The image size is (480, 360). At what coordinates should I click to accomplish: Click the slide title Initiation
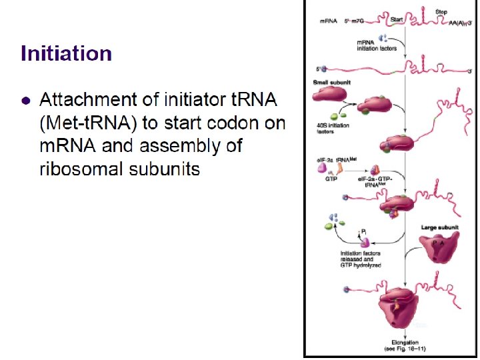(66, 53)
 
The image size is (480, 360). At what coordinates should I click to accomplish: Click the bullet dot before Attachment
(25, 101)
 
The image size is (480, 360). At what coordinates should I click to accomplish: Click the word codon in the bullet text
(247, 123)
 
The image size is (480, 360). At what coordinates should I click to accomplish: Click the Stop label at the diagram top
(441, 11)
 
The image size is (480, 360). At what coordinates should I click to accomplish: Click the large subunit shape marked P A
(440, 252)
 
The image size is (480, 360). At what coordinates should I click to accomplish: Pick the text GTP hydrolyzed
(361, 265)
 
